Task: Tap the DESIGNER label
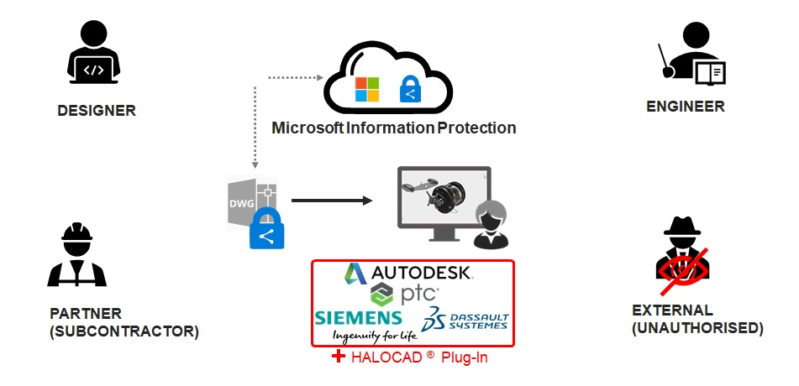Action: point(97,111)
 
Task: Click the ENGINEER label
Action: point(685,107)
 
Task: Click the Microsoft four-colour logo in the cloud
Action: point(367,90)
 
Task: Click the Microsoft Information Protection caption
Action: point(393,128)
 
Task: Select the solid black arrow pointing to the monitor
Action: point(331,201)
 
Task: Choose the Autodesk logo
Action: point(410,274)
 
